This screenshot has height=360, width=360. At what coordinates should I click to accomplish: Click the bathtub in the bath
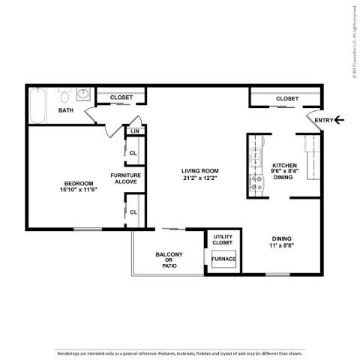coord(37,105)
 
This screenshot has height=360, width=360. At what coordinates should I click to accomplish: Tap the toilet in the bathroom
coord(65,97)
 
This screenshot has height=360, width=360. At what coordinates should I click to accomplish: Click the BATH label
coord(66,111)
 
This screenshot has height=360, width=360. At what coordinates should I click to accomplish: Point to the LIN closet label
coord(135,132)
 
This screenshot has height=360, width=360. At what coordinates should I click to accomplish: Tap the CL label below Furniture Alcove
coord(133,211)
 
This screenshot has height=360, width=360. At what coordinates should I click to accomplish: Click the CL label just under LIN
coord(133,153)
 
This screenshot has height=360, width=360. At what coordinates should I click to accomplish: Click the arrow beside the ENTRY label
coord(339,120)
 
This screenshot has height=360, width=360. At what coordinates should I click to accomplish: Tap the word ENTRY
coord(323,120)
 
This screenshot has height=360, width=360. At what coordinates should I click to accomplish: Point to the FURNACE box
coord(223,259)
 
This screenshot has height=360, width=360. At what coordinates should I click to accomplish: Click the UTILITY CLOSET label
coord(223,239)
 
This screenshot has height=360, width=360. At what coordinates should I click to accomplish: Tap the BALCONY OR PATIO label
coord(169,259)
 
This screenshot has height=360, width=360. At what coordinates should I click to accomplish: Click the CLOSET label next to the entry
coord(286,98)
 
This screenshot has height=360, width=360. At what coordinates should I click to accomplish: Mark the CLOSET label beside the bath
coord(121,97)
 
